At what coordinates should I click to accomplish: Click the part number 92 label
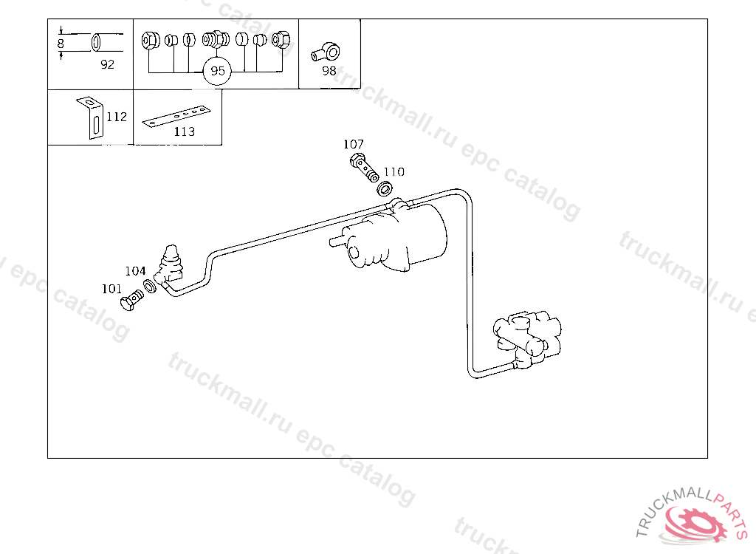point(108,64)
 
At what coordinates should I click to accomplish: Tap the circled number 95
point(217,72)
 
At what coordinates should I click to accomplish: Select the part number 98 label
point(329,71)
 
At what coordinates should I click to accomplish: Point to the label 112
point(117,117)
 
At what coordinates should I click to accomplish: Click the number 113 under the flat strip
point(184,131)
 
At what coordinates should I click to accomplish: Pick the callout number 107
point(354,144)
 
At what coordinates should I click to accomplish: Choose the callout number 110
point(394,172)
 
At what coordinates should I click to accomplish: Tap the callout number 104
point(135,271)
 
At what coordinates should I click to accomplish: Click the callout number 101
point(111,289)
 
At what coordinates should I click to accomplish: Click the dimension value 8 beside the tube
point(61,44)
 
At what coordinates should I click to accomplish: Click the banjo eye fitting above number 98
point(326,51)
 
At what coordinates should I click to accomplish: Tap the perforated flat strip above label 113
point(177,117)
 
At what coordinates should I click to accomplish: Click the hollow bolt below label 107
point(362,168)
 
